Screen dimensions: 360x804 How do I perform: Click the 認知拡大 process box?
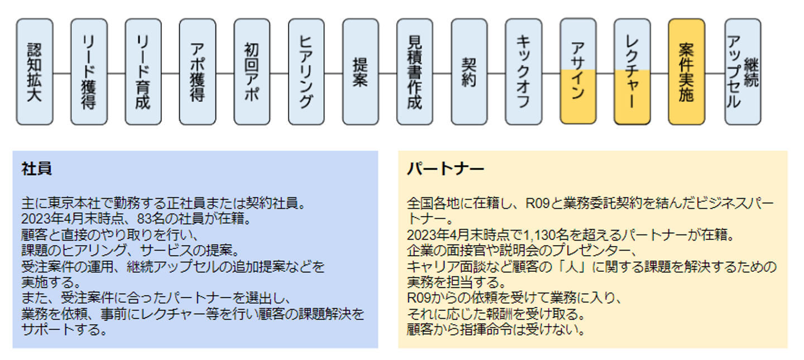pos(35,72)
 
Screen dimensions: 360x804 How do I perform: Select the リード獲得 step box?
pos(89,72)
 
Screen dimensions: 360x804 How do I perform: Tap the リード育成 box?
pos(143,72)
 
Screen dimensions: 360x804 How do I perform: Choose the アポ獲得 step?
pos(197,72)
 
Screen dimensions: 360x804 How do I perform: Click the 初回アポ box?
pos(252,72)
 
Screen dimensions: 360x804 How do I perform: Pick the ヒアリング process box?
pos(306,72)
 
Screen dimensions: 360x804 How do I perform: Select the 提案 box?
pos(360,72)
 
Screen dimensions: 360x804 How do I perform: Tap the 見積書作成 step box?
pos(415,72)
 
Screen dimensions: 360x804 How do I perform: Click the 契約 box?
pos(469,72)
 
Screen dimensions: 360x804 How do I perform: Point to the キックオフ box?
pos(523,72)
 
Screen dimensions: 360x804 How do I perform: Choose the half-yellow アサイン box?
pos(578,72)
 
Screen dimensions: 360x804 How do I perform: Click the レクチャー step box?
pos(632,72)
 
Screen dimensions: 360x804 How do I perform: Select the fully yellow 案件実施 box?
pos(686,72)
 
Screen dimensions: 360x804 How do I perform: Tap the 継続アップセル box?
pos(743,72)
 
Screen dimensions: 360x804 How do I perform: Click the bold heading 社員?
pos(37,169)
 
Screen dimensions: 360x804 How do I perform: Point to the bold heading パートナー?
pos(446,169)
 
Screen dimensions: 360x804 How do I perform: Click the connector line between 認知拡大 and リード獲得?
pos(62,73)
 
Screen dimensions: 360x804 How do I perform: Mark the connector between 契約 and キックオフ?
pos(496,73)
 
